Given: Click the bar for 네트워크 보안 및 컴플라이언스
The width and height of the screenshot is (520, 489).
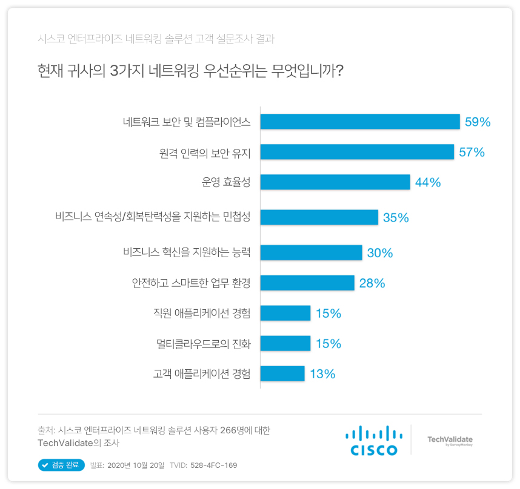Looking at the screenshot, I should click(360, 122).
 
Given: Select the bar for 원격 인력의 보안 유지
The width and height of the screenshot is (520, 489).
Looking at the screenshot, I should click(357, 152).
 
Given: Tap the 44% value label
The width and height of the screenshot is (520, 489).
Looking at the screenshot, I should click(427, 182).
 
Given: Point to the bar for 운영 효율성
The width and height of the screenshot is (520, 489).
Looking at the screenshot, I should click(335, 182).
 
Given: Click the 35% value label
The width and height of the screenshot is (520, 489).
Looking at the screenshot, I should click(396, 218).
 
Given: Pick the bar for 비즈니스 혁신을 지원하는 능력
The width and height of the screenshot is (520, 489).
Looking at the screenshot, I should click(311, 253).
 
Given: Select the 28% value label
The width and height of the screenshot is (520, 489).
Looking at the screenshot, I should click(372, 283).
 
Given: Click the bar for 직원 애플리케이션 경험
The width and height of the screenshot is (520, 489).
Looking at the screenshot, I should click(285, 313).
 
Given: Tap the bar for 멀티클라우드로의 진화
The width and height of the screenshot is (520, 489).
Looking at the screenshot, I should click(285, 344).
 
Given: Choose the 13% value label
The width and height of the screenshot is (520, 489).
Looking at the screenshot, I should click(322, 374).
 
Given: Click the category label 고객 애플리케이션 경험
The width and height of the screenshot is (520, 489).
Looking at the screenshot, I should click(201, 374).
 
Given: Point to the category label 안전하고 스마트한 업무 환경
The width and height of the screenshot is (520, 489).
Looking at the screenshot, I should click(191, 283).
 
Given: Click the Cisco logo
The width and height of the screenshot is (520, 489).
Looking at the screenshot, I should click(374, 441).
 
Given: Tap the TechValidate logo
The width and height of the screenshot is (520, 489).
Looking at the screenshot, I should click(450, 441).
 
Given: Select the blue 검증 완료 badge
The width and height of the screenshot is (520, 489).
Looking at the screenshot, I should click(60, 465).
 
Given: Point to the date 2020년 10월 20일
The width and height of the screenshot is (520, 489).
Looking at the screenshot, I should click(136, 465).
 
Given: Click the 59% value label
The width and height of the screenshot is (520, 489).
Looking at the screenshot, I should click(478, 122).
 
